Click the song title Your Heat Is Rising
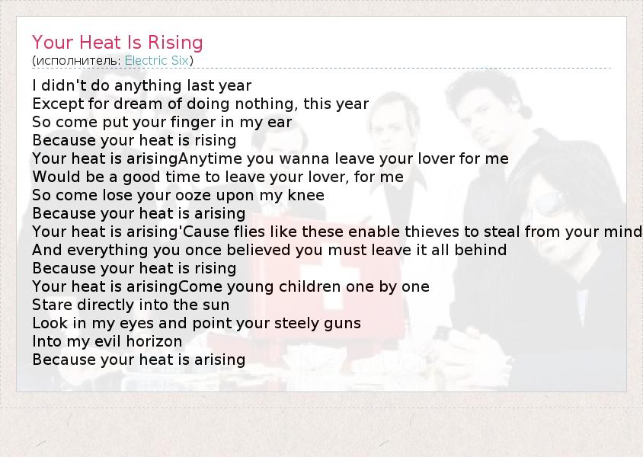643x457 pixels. (117, 43)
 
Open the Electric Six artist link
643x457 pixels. (157, 61)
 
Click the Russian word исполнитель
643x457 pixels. (77, 61)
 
